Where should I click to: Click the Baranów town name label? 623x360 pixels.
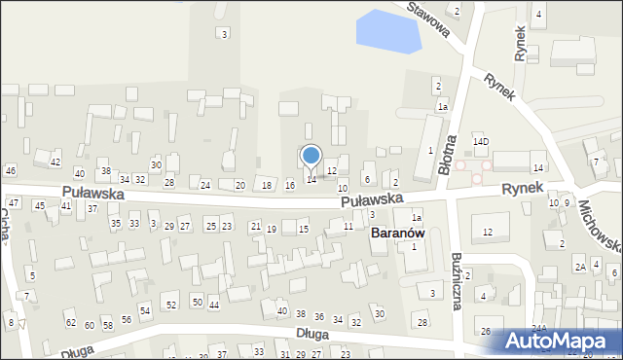(x=397, y=234)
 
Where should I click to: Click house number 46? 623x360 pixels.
(x=10, y=170)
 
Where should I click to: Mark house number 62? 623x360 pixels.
(x=70, y=322)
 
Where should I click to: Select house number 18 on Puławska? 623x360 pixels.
(x=267, y=185)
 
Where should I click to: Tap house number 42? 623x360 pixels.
(x=55, y=162)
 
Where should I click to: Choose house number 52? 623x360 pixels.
(x=171, y=306)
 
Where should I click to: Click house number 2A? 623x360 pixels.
(x=579, y=267)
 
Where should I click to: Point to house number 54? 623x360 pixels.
(x=145, y=310)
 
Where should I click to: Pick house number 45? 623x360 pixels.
(x=40, y=205)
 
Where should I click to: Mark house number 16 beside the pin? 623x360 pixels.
(x=289, y=185)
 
